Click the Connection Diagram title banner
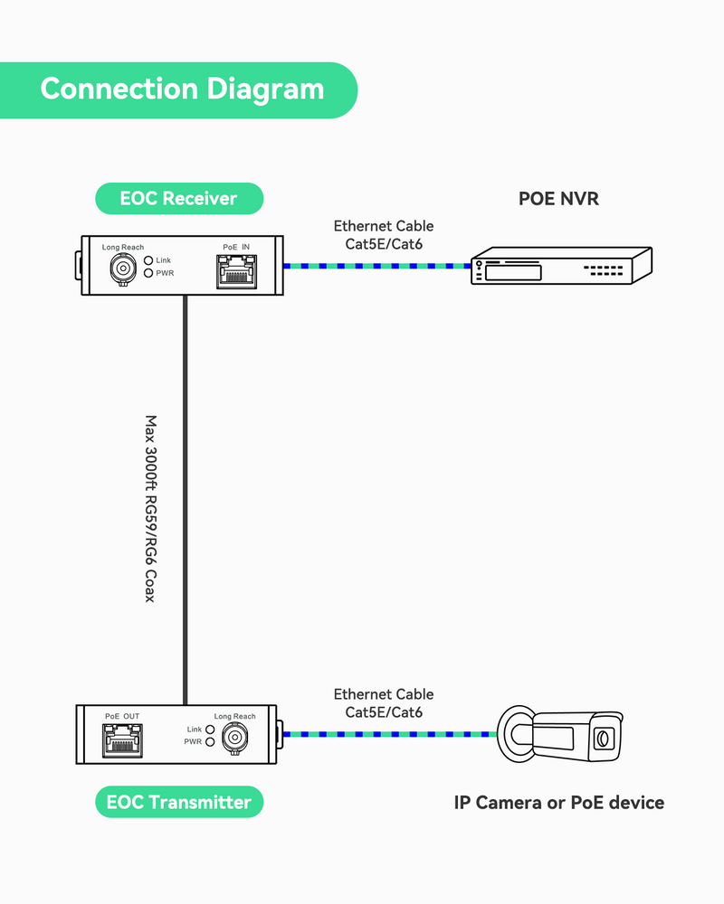[x=181, y=89]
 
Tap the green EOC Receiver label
[x=178, y=198]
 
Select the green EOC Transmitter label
[x=179, y=802]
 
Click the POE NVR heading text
[x=558, y=198]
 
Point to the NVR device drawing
[x=561, y=267]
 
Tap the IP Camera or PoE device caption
[x=558, y=802]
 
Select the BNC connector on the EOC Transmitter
[x=236, y=739]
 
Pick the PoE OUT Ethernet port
[x=122, y=740]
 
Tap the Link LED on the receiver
[x=148, y=260]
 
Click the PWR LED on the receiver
[x=148, y=272]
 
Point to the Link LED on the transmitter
[x=210, y=730]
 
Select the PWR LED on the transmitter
[x=210, y=742]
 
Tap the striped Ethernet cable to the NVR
[x=376, y=266]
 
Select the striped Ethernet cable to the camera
[x=389, y=734]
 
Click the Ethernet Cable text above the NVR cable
[x=384, y=226]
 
